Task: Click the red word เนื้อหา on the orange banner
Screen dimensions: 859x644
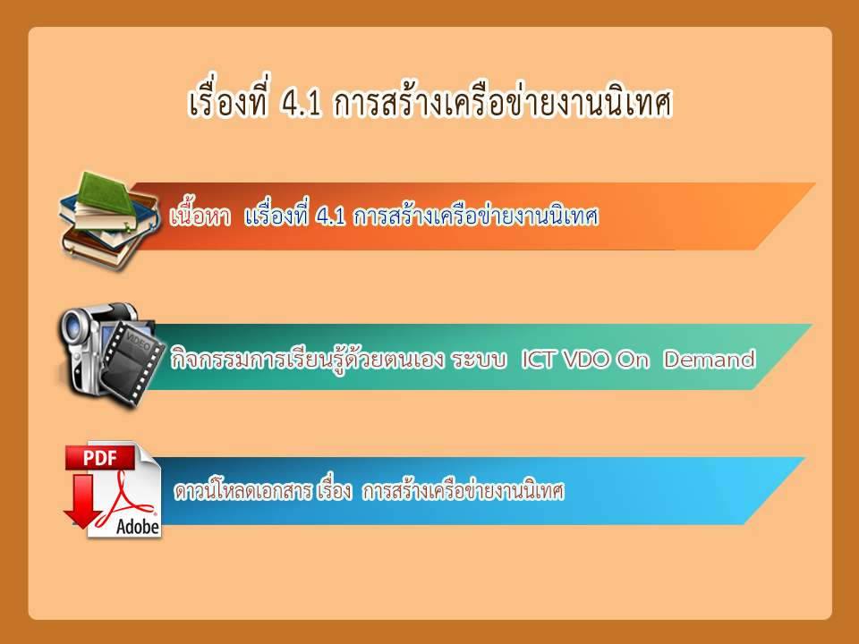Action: point(200,216)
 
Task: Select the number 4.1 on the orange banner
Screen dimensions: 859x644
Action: point(331,216)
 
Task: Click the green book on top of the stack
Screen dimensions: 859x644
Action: point(106,195)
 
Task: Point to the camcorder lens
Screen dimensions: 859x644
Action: point(73,328)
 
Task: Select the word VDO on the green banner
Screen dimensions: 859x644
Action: point(585,360)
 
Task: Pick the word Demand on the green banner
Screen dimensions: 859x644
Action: point(710,360)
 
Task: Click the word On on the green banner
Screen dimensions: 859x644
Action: point(633,360)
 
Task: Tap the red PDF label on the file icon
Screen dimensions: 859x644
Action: point(99,458)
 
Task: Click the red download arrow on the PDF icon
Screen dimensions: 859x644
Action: point(83,501)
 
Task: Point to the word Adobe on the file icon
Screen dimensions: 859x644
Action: point(138,527)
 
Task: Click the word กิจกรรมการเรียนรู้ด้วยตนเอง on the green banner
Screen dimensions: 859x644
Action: point(307,360)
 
